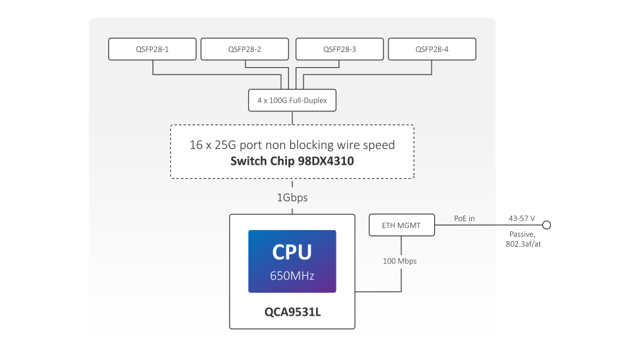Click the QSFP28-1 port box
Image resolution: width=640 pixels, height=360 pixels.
click(x=152, y=49)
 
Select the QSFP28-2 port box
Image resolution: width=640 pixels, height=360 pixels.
click(x=245, y=49)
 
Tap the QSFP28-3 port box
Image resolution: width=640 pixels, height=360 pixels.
click(x=339, y=49)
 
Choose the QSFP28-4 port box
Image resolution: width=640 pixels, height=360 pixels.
click(x=432, y=49)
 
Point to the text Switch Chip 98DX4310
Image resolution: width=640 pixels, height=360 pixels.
click(x=292, y=160)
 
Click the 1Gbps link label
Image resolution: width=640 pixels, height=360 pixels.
click(x=292, y=197)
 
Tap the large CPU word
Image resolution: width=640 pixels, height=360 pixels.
click(x=292, y=252)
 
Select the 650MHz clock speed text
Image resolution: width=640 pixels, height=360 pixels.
click(x=292, y=275)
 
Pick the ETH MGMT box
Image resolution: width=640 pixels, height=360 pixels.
click(x=403, y=225)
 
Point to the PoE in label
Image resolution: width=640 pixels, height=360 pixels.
click(x=464, y=218)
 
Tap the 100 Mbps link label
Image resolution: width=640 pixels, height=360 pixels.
click(x=400, y=261)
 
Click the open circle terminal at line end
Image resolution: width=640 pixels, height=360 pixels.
click(x=546, y=225)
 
